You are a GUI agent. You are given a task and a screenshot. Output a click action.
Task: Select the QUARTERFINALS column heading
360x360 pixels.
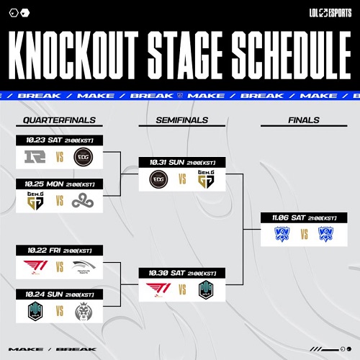coord(59,120)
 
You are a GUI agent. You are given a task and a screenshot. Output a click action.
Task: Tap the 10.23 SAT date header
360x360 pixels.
coord(59,140)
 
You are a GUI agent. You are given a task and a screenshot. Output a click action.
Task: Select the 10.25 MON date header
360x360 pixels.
coord(59,184)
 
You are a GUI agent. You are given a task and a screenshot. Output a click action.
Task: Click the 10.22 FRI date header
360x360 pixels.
coord(59,250)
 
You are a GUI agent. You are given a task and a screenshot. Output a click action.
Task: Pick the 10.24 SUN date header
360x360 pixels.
coord(59,294)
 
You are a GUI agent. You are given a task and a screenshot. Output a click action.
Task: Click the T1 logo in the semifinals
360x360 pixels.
coord(155,289)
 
